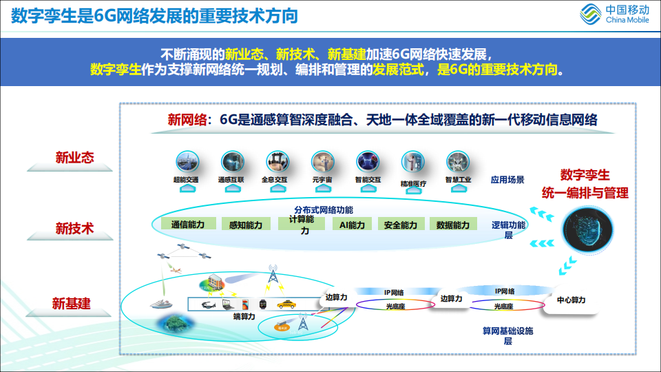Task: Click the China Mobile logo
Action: [616, 14]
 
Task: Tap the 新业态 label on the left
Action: [74, 158]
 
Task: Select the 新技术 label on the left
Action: [74, 228]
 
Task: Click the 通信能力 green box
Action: [188, 225]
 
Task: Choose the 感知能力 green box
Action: [246, 225]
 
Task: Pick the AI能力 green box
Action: [352, 225]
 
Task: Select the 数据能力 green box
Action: [453, 225]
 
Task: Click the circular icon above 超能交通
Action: [187, 161]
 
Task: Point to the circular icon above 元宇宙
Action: [323, 161]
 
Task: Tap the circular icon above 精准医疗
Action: [413, 161]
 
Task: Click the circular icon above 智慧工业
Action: [458, 161]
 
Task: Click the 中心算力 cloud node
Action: [571, 300]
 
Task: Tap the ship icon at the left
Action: [162, 304]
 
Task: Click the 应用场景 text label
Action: [507, 180]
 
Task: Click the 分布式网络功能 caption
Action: [324, 209]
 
